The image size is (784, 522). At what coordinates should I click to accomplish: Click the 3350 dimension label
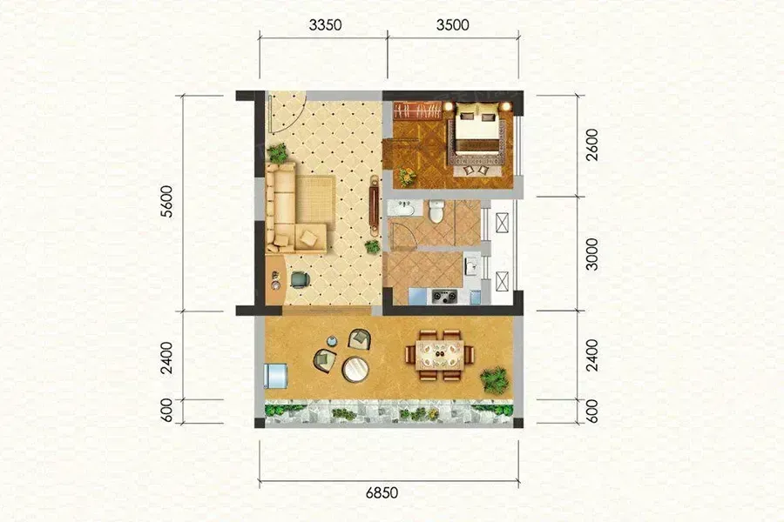tap(325, 24)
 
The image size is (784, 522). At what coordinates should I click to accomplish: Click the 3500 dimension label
tap(452, 24)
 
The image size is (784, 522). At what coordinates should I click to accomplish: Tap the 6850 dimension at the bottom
tap(382, 492)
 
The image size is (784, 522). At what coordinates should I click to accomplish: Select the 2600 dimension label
tap(591, 144)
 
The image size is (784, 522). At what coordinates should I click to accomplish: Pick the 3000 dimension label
tap(591, 254)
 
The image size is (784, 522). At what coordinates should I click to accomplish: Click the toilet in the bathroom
tap(436, 211)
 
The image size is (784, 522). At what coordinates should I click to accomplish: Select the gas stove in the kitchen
tap(444, 296)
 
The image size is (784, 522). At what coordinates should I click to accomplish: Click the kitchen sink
tap(470, 265)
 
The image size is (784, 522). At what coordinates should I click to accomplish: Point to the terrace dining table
tap(440, 355)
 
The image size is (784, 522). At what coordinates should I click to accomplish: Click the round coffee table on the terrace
tap(355, 369)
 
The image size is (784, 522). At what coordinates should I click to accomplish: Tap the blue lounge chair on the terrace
tap(276, 375)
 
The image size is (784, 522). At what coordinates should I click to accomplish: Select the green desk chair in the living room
tap(299, 279)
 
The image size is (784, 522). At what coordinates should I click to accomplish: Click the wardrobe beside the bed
tap(417, 110)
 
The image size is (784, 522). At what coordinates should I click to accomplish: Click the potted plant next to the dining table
tap(495, 379)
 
